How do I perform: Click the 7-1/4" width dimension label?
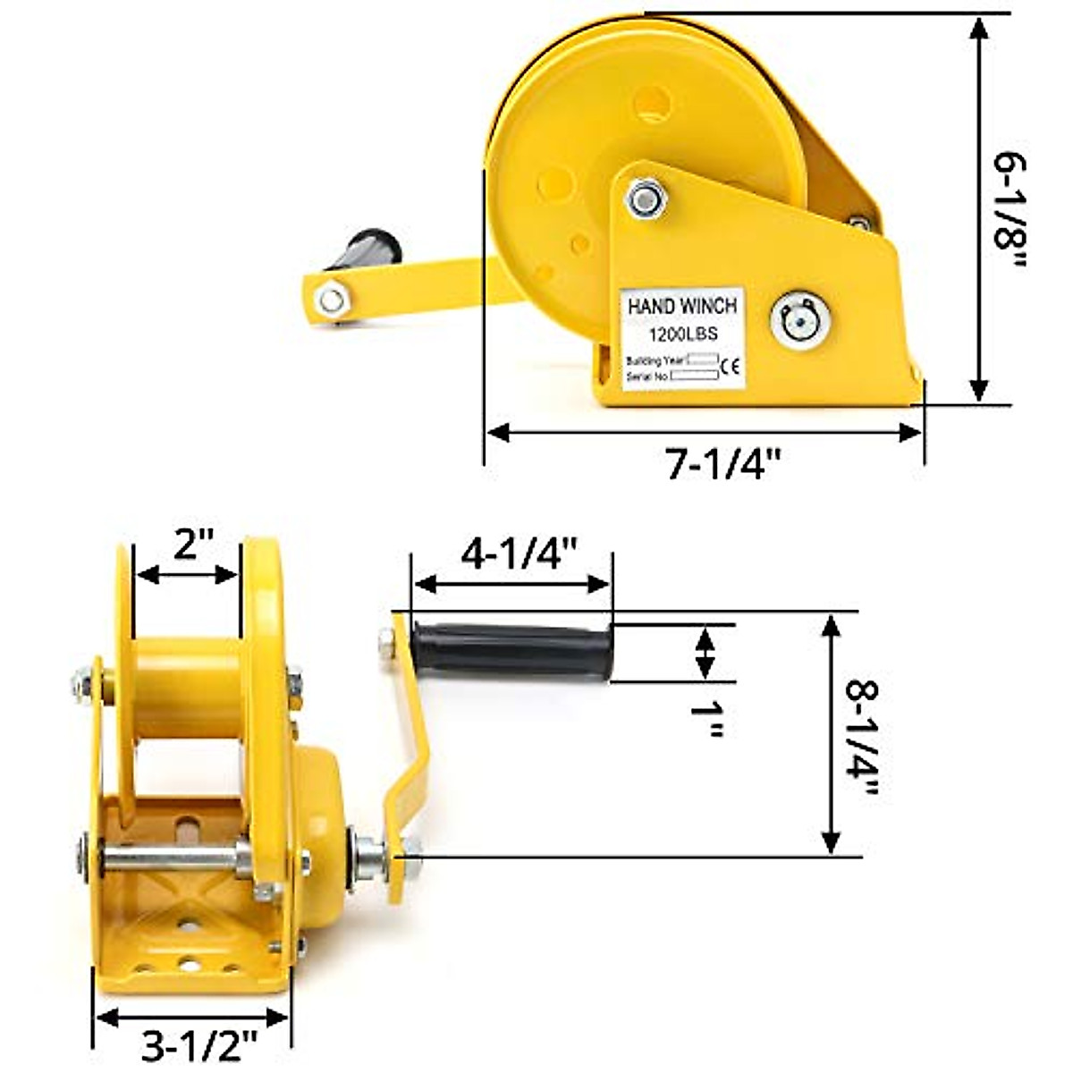click(722, 464)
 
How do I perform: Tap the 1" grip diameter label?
click(706, 718)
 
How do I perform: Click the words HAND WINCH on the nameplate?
click(682, 307)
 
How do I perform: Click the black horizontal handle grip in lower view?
click(512, 651)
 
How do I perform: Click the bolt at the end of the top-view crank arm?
click(332, 299)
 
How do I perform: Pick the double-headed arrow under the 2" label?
click(187, 575)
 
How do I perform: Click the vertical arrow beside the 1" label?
click(705, 654)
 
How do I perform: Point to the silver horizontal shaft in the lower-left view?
click(170, 860)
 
